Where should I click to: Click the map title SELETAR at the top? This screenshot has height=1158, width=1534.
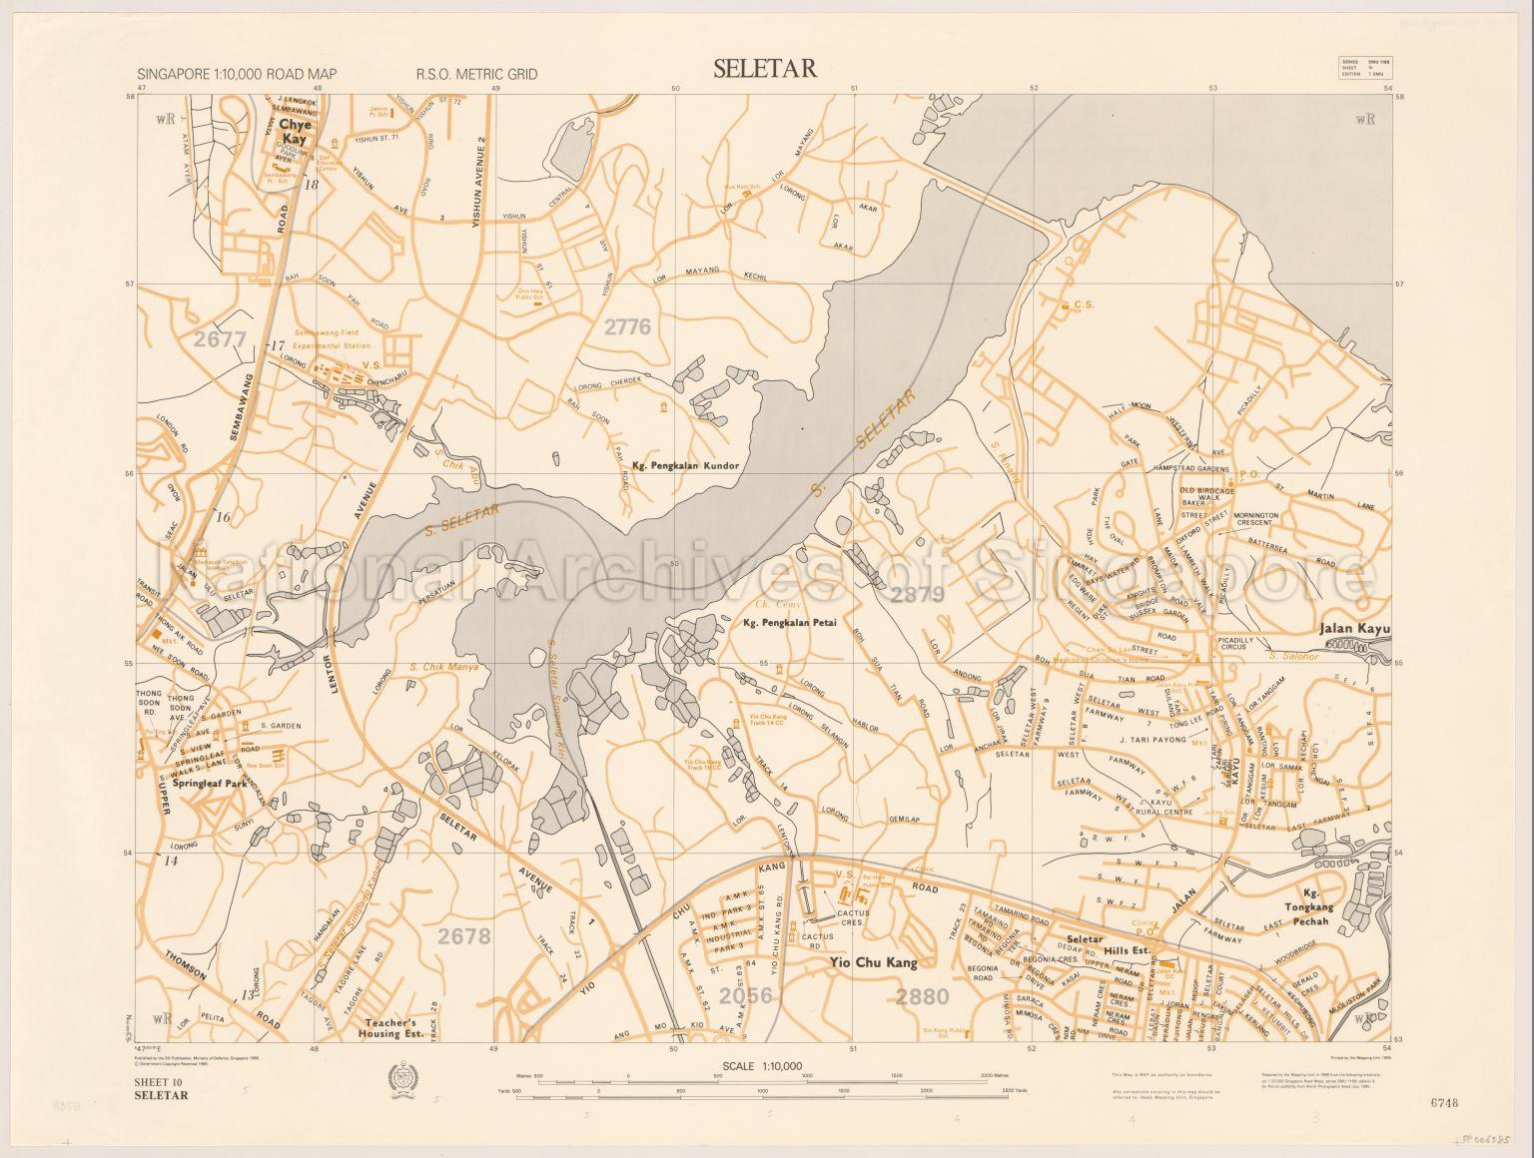click(x=765, y=69)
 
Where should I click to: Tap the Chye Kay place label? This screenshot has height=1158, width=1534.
click(x=296, y=132)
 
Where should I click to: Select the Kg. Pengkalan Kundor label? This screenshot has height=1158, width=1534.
click(x=685, y=466)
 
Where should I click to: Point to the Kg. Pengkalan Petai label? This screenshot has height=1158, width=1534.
click(x=788, y=625)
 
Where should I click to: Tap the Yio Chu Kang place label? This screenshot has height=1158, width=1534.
click(x=871, y=963)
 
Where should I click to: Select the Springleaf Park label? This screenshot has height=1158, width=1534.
click(x=210, y=785)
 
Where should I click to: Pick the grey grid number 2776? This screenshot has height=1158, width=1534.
click(x=627, y=326)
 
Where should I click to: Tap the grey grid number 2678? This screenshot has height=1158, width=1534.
click(x=464, y=935)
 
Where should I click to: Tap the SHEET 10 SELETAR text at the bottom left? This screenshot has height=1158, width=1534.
click(x=161, y=1088)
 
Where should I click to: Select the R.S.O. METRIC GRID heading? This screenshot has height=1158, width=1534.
click(x=476, y=74)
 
